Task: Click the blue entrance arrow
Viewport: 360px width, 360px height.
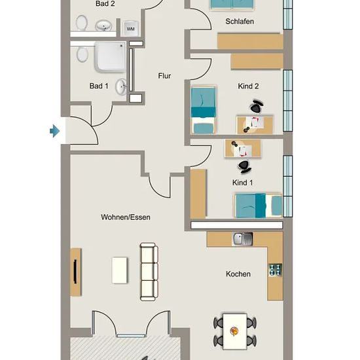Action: coord(54,131)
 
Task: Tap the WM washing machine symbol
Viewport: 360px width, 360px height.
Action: coord(130,28)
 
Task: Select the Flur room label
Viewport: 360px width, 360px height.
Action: coord(164,76)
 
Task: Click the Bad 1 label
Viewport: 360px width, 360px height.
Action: coord(99,86)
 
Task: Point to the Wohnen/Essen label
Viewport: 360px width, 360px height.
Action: coord(126,217)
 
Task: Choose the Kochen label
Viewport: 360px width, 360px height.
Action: coord(238,274)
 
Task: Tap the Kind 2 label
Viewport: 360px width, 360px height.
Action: coord(248,86)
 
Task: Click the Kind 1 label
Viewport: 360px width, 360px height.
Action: coord(242,183)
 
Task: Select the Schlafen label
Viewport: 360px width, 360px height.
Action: coord(240,22)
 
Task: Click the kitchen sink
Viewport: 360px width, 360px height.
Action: coord(243,239)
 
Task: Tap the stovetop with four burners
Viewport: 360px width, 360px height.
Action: coord(276,270)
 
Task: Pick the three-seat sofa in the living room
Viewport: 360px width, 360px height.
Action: coord(149,272)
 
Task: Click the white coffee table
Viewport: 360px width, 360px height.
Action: coord(119,270)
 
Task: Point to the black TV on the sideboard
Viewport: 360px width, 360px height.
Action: coord(75,272)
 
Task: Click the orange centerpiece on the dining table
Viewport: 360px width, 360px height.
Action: coord(234,331)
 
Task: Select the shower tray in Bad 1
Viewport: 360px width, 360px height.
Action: coord(111,56)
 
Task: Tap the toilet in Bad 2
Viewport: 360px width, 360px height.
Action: coord(82,22)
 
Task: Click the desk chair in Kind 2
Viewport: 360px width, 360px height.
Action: coord(257,106)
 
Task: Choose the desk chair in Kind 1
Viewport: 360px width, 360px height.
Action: coord(244,166)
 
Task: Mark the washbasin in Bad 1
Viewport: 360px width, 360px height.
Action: coord(121,87)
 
